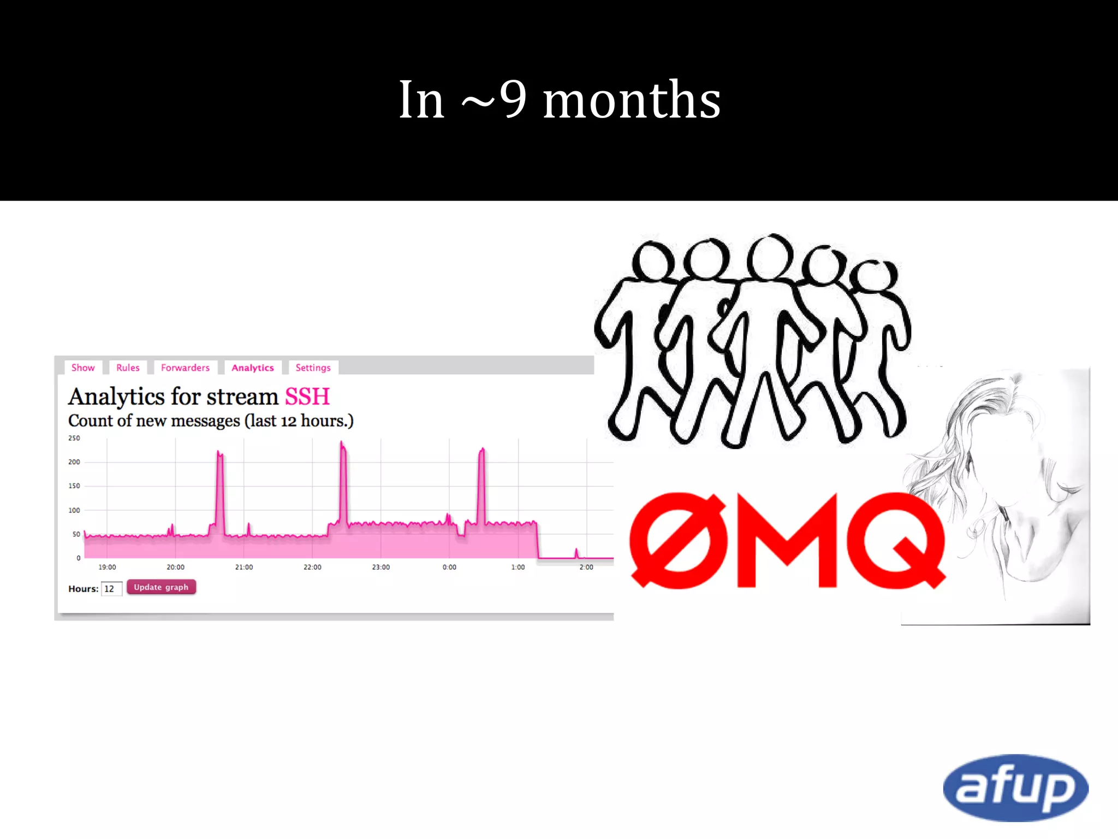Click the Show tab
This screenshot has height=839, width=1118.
click(83, 368)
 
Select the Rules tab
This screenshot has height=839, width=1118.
click(128, 368)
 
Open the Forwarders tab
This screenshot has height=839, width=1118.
click(185, 368)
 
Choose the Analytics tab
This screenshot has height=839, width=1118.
click(252, 368)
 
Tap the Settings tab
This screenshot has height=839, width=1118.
click(313, 368)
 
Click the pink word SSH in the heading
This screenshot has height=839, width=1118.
click(307, 397)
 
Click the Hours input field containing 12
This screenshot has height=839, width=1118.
click(111, 588)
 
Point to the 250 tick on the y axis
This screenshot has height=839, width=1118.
click(74, 438)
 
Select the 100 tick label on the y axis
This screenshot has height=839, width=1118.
click(74, 510)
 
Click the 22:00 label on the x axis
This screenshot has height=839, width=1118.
click(312, 567)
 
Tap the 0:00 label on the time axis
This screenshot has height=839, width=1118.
click(449, 567)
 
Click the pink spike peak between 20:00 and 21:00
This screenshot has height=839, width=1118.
click(219, 453)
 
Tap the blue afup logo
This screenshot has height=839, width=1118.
click(1015, 788)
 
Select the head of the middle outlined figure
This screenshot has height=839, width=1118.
click(770, 257)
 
